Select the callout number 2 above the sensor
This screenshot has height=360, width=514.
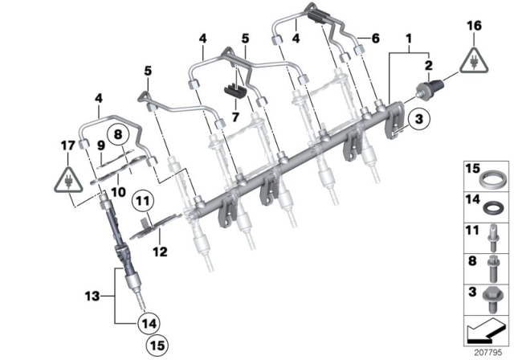[429, 65]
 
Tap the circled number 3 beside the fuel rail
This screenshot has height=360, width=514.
[417, 121]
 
